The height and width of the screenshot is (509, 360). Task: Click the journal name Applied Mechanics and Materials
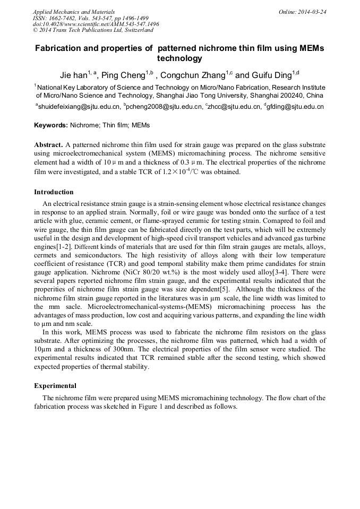74,12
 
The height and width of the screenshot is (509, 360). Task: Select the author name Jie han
74,75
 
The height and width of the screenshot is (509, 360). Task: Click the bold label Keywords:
51,126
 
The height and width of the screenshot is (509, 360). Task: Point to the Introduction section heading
54,192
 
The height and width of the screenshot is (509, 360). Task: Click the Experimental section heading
55,386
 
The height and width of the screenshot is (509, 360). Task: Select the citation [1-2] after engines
63,248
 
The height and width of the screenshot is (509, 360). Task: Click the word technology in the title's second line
179,58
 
